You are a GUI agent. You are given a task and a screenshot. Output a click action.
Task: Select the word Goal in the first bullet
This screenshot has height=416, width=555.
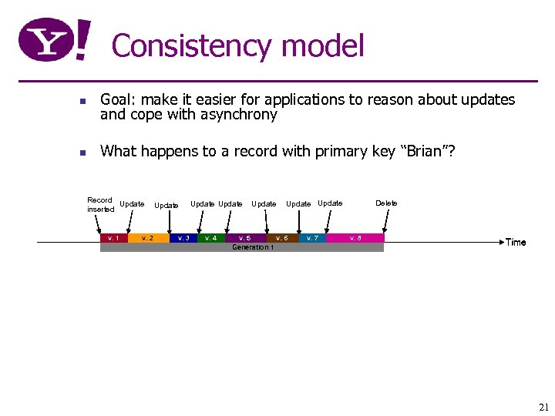click(116, 100)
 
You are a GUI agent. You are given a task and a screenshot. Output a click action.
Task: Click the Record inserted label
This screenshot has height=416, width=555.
click(100, 204)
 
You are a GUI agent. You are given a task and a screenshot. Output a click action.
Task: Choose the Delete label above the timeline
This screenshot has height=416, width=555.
click(386, 203)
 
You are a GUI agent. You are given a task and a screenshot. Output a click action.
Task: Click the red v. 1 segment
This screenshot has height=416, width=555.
click(113, 238)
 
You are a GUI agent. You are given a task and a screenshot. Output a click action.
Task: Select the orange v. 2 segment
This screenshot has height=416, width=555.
click(147, 238)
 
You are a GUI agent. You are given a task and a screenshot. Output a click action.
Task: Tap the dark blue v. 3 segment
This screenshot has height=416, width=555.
click(183, 238)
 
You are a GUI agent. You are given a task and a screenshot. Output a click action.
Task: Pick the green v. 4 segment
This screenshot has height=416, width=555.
click(210, 238)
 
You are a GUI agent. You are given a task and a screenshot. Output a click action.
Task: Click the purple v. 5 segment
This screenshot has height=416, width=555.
click(244, 238)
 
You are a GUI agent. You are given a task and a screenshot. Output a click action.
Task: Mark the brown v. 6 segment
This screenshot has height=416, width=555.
click(281, 238)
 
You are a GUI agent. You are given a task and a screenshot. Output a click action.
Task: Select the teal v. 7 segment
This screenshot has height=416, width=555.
click(312, 238)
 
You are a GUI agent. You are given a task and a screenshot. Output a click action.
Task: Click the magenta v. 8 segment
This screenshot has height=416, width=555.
click(355, 238)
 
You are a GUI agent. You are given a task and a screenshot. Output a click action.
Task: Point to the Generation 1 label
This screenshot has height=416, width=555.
click(252, 247)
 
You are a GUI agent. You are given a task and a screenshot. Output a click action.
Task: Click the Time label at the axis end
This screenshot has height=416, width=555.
click(516, 243)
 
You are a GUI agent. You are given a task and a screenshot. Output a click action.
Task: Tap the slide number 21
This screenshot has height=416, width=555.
click(543, 407)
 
